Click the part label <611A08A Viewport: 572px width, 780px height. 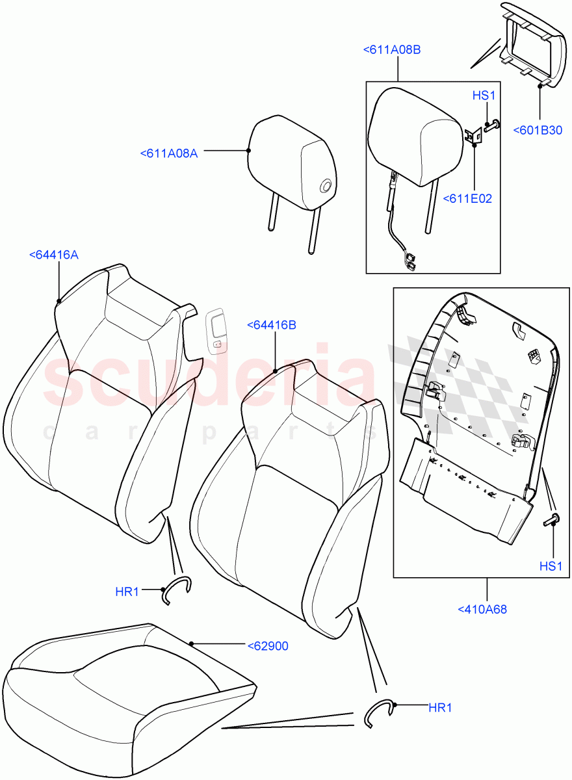coord(168,153)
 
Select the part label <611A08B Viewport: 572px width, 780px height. coord(391,49)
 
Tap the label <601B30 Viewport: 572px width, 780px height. coord(538,130)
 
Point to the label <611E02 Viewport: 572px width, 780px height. coord(467,199)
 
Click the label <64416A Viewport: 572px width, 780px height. coord(53,255)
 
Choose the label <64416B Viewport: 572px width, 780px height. coord(271,325)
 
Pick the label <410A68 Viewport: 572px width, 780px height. coord(482,610)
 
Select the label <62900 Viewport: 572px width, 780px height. coord(268,646)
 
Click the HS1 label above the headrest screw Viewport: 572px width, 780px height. coord(484,96)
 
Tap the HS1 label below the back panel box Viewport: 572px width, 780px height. coord(550,566)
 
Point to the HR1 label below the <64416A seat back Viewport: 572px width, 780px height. coord(127,591)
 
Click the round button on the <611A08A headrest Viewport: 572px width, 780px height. coord(326,187)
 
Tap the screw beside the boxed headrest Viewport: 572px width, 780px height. coord(493,125)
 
